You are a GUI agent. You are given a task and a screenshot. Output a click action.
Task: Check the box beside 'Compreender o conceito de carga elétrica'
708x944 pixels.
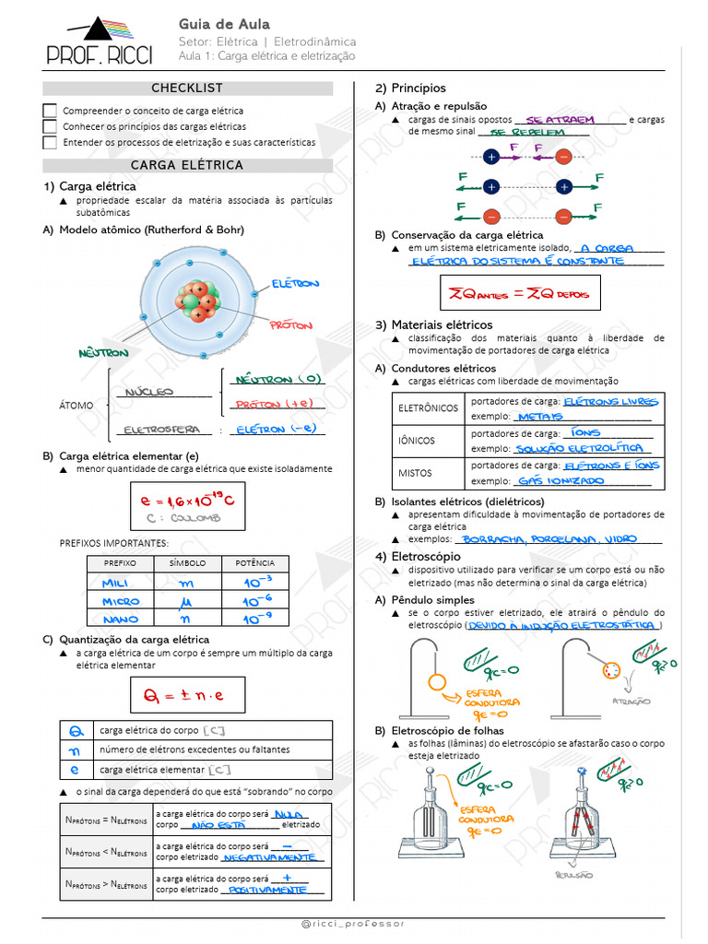tap(50, 111)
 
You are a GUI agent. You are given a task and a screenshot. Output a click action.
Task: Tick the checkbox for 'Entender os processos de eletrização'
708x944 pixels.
tap(50, 143)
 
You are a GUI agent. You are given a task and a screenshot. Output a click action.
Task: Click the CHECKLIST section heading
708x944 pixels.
tap(187, 88)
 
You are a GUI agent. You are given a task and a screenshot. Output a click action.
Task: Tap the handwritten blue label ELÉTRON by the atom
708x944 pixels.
tap(296, 283)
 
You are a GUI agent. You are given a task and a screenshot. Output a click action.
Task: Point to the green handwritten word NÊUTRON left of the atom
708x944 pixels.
tap(103, 352)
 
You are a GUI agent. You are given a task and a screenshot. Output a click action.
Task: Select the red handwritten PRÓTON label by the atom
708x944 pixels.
tap(291, 325)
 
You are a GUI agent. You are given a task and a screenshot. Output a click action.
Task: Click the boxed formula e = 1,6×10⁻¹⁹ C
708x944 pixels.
tap(187, 505)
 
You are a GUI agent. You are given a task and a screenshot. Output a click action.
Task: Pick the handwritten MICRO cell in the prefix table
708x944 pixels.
tap(121, 601)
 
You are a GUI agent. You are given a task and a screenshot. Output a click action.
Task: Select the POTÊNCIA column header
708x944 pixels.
tap(254, 562)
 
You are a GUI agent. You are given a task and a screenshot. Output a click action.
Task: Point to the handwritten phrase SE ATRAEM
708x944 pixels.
tap(560, 120)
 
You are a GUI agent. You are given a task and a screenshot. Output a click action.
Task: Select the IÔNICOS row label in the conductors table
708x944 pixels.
tap(417, 441)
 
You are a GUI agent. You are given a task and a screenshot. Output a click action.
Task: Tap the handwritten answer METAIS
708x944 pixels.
tap(540, 417)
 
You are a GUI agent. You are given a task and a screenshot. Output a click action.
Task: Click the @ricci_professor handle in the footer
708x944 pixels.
tap(353, 923)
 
